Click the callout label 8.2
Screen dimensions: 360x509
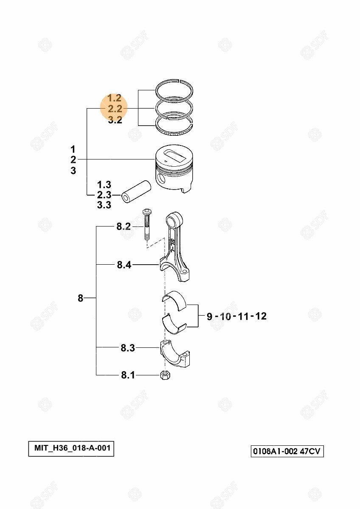pos(124,227)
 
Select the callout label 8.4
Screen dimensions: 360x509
pos(124,265)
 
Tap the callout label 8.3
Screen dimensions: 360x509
pos(128,348)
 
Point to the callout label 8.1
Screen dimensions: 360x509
pos(128,375)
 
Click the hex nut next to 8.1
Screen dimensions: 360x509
pos(166,375)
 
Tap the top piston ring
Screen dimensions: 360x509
pos(174,90)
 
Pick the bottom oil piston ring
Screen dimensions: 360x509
pos(174,126)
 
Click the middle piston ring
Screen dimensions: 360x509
pos(174,109)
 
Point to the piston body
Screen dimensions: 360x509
pos(174,168)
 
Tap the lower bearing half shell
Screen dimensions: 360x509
pos(174,324)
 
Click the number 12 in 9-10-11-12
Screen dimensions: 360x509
pos(260,316)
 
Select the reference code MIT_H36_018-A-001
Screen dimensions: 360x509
pos(72,448)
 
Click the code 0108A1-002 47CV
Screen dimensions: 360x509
pos(287,451)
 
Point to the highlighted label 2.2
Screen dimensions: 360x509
pos(115,109)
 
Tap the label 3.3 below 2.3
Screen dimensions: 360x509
pos(104,205)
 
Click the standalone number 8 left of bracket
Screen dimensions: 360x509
pos(81,298)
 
